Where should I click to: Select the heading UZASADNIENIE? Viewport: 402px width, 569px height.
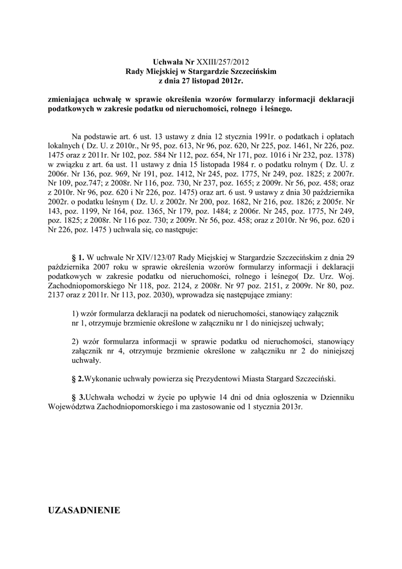point(84,510)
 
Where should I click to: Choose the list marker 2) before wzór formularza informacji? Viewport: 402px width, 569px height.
point(77,341)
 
